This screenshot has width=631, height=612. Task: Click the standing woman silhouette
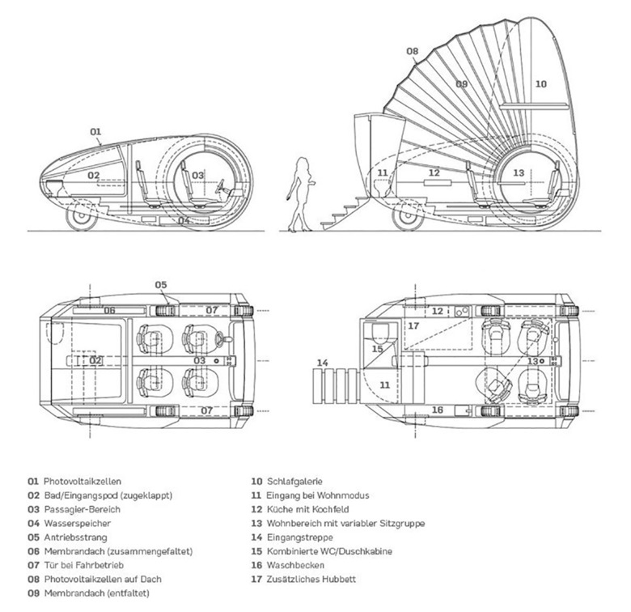(x=299, y=194)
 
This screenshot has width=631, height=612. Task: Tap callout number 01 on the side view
(x=95, y=130)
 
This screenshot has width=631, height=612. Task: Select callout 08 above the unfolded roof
(x=412, y=52)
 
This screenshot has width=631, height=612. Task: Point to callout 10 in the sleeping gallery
(x=541, y=83)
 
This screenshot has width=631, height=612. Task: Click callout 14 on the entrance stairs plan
(x=324, y=362)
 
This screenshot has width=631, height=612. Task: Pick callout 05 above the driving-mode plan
(x=161, y=284)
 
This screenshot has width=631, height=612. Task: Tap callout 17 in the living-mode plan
(x=413, y=325)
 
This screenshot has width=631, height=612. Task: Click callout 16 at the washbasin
(x=438, y=410)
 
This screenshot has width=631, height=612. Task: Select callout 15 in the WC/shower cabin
(x=378, y=349)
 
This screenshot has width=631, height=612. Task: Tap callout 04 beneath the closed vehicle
(x=184, y=219)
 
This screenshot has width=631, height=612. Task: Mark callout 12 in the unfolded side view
(x=434, y=172)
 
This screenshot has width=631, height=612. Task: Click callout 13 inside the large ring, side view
(x=519, y=172)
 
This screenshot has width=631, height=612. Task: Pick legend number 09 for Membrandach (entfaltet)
(x=32, y=593)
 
